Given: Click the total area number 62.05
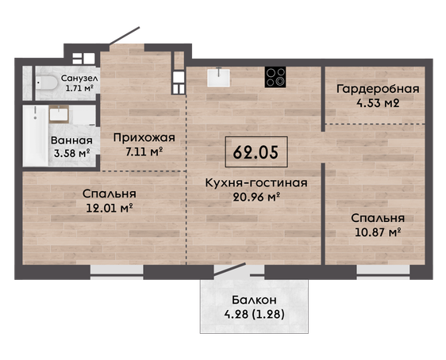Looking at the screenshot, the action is click(x=256, y=152).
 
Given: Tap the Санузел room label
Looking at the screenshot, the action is click(x=79, y=78).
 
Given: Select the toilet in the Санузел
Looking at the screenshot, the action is click(x=47, y=82).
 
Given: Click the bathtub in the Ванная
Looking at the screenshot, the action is click(x=35, y=136).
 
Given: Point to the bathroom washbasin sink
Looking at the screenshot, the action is click(x=59, y=114).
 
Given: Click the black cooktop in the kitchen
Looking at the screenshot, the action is click(x=275, y=77).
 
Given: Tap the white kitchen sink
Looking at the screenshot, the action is click(x=218, y=77).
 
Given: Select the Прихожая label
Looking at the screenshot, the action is click(x=144, y=138).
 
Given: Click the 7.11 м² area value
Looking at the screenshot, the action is click(x=144, y=151).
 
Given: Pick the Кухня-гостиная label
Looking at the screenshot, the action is click(x=256, y=183).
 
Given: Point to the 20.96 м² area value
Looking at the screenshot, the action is click(x=256, y=197).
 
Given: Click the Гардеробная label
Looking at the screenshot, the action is click(x=378, y=90).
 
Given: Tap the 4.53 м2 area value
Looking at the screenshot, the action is click(x=378, y=103).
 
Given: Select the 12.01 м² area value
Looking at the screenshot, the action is click(x=110, y=209).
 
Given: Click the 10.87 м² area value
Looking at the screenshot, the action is click(x=378, y=232).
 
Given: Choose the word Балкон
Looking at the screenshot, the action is click(x=254, y=300).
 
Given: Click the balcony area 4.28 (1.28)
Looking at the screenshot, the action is click(x=254, y=315).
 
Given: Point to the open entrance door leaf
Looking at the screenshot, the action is click(x=125, y=36).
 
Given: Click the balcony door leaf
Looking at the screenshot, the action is click(x=229, y=270).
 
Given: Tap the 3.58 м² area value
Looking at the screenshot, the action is click(x=72, y=153).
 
